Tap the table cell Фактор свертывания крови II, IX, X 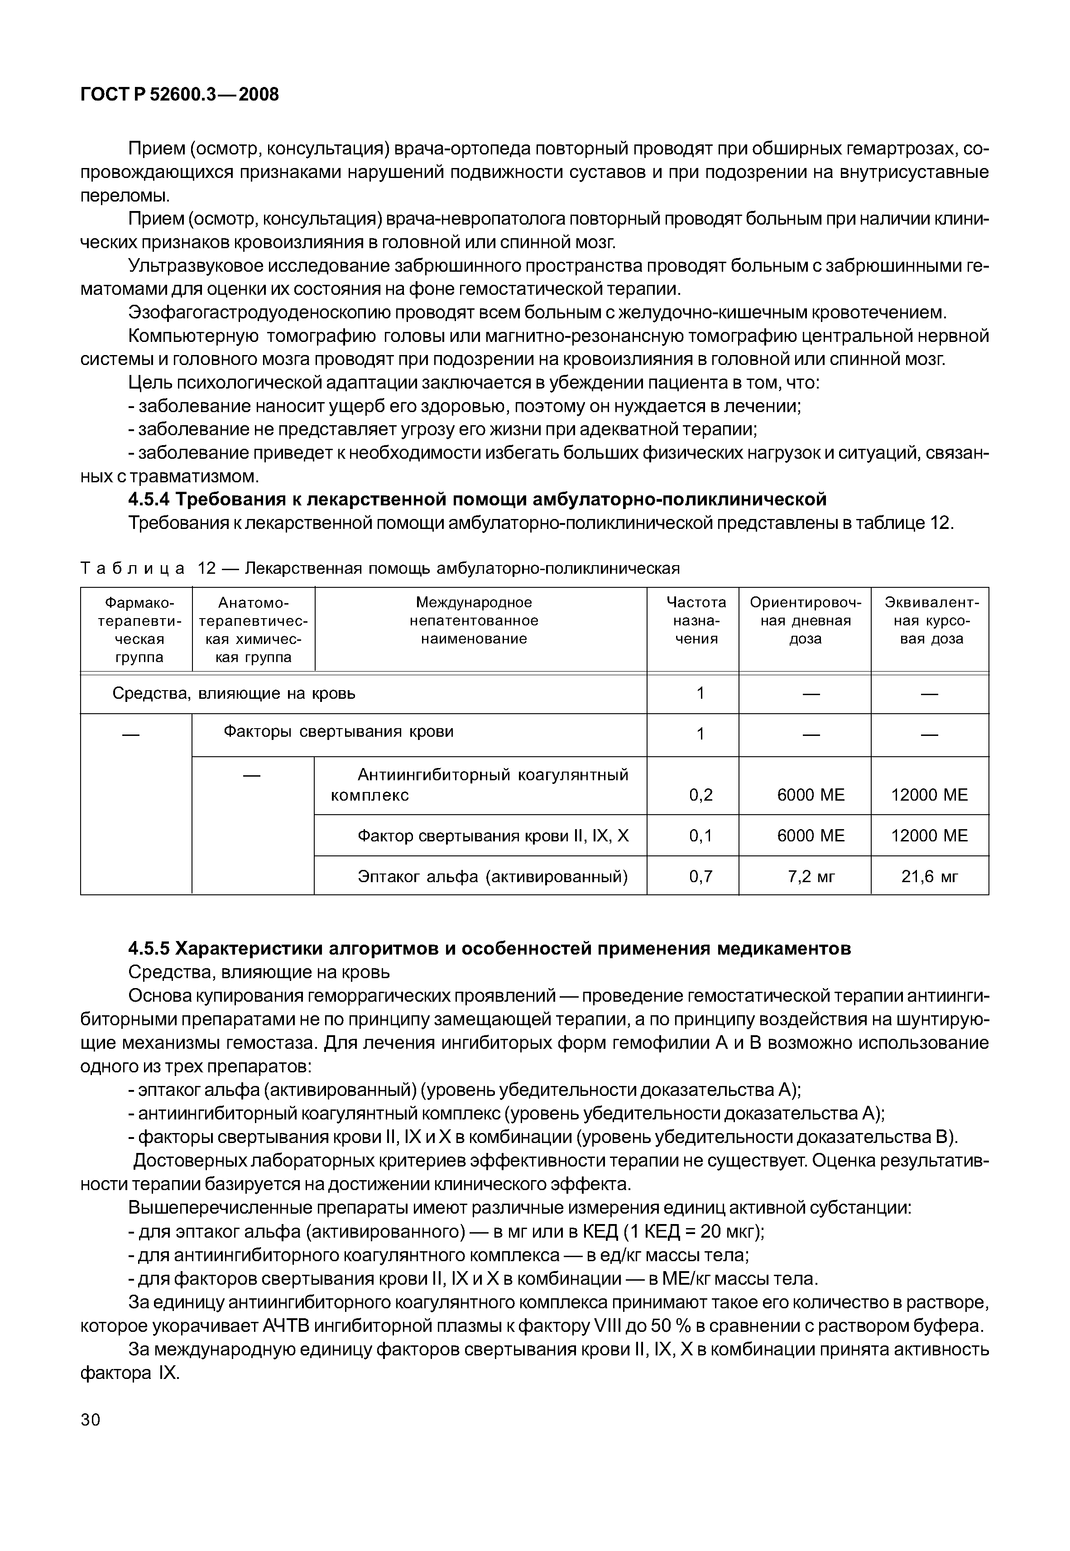(493, 836)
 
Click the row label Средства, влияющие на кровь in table (233, 693)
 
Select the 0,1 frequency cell (701, 836)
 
